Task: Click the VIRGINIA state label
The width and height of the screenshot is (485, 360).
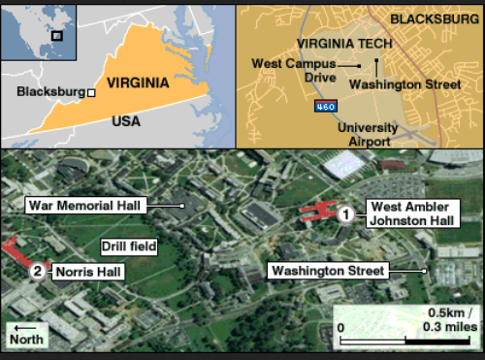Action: [x=138, y=82]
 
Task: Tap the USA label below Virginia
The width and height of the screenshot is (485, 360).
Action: [x=125, y=121]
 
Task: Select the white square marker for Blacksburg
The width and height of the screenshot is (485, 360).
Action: [x=91, y=93]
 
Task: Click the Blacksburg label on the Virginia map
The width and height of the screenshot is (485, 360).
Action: [x=50, y=92]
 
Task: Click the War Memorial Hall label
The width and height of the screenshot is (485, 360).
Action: [x=85, y=206]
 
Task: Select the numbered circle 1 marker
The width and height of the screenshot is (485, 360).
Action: [x=343, y=213]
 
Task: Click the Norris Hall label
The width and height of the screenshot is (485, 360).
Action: [x=88, y=272]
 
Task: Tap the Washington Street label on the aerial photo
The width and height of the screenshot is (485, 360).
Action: [x=329, y=270]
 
